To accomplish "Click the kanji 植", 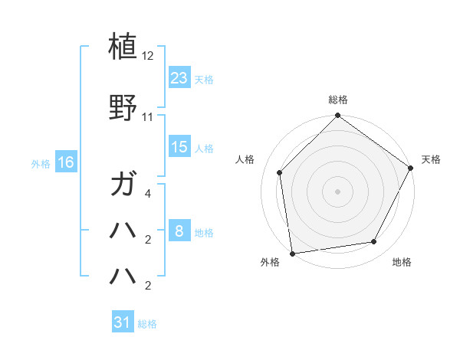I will pyautogui.click(x=123, y=46).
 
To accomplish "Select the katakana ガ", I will pyautogui.click(x=123, y=185).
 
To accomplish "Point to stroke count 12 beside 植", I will pyautogui.click(x=148, y=57).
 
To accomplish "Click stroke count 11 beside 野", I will pyautogui.click(x=148, y=117).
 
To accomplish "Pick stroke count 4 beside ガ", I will pyautogui.click(x=148, y=195).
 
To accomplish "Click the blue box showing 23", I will pyautogui.click(x=179, y=77).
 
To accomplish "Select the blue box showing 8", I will pyautogui.click(x=179, y=231).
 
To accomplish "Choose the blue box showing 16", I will pyautogui.click(x=65, y=162).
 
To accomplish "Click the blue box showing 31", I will pyautogui.click(x=123, y=322).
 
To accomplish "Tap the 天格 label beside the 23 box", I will pyautogui.click(x=204, y=79).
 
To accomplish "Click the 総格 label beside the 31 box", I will pyautogui.click(x=147, y=324).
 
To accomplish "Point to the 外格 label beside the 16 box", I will pyautogui.click(x=41, y=163).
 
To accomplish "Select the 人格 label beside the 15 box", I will pyautogui.click(x=204, y=148).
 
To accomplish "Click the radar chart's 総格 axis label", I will pyautogui.click(x=337, y=100).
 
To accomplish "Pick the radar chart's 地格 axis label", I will pyautogui.click(x=402, y=263).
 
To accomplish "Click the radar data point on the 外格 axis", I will pyautogui.click(x=292, y=253).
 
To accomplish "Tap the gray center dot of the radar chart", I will pyautogui.click(x=337, y=191).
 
